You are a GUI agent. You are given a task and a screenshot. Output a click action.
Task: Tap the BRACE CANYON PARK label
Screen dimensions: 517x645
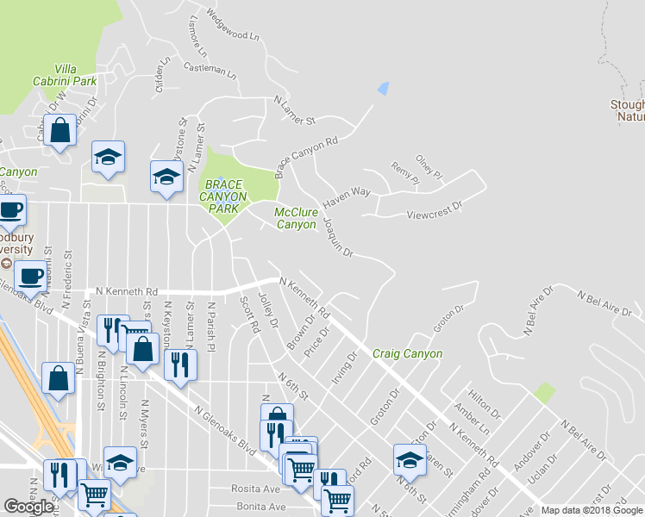pyautogui.click(x=223, y=197)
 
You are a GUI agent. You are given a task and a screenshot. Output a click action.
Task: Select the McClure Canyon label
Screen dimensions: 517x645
pyautogui.click(x=296, y=218)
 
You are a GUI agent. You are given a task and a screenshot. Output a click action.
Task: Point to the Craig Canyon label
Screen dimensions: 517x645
pyautogui.click(x=407, y=353)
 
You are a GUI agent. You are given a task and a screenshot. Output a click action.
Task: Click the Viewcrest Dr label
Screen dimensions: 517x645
pyautogui.click(x=435, y=208)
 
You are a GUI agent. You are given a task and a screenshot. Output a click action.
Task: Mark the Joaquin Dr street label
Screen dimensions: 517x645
pyautogui.click(x=338, y=236)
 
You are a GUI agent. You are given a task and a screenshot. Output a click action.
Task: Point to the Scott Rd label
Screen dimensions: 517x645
pyautogui.click(x=249, y=315)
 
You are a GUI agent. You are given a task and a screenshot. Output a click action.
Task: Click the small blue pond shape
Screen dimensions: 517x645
pyautogui.click(x=384, y=88)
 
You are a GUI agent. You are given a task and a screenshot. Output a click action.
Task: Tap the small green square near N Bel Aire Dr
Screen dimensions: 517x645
pyautogui.click(x=544, y=394)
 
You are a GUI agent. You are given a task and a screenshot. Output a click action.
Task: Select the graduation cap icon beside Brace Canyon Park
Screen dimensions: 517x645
pyautogui.click(x=166, y=177)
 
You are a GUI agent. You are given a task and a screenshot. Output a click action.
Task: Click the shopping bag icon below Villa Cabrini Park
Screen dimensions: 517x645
pyautogui.click(x=60, y=132)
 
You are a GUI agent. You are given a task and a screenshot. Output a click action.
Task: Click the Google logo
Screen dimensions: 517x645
pyautogui.click(x=29, y=507)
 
